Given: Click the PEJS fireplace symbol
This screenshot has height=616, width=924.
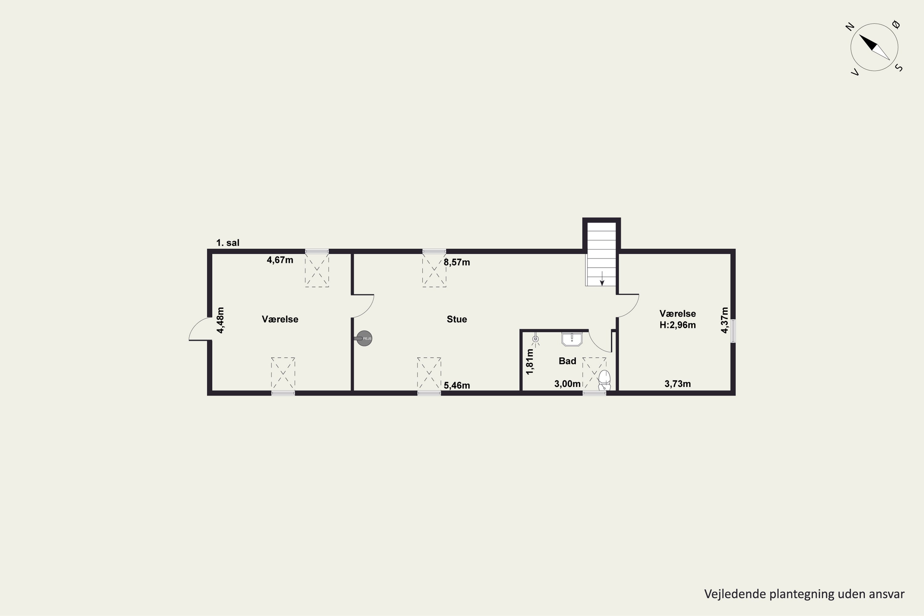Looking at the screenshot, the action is pos(364,338).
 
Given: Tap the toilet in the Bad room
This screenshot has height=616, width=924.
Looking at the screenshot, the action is pos(604,380).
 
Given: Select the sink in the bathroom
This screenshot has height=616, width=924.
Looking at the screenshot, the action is pos(572,339).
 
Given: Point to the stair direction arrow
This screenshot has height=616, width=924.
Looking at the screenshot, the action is pos(602,278).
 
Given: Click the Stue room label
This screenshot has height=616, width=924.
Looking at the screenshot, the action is pos(456,319).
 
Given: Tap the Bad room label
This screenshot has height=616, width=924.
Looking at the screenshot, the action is pos(567,361).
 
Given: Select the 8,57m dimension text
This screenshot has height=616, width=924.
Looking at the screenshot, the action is pos(457,262).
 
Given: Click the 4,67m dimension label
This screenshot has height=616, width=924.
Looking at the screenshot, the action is pos(280,260).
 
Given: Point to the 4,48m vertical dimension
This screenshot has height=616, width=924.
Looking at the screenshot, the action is pos(221,320).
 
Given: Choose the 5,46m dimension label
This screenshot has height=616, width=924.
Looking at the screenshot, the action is pos(457,385).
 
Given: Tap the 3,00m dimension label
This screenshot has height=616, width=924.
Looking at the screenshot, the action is pos(567,384).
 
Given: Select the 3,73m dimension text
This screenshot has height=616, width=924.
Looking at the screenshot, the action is pos(678,384).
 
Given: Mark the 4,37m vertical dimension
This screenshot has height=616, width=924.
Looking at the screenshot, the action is pos(724,320).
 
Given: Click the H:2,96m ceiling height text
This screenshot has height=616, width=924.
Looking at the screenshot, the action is pos(678,325).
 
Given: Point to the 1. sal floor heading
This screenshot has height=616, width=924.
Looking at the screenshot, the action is pos(228,243).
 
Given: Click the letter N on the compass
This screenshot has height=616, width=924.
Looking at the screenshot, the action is pos(850,27).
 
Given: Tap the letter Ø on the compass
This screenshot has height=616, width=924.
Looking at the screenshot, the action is pos(896,25).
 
